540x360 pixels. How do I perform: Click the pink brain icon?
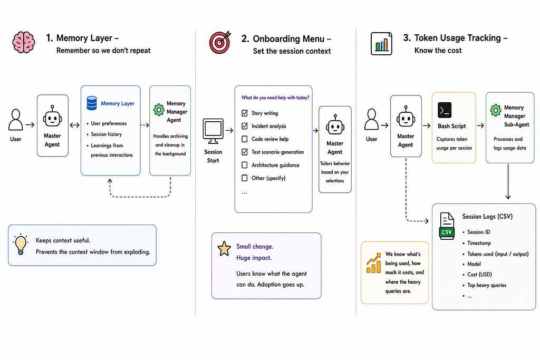click(24, 42)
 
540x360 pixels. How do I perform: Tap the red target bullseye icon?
click(220, 42)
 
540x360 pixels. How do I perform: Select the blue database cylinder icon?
click(92, 103)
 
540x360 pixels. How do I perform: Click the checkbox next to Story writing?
click(245, 113)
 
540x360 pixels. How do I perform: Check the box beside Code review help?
click(245, 139)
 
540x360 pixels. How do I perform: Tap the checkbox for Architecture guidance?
click(245, 165)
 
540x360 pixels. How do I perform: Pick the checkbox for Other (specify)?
click(245, 178)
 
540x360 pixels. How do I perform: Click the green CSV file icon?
click(447, 226)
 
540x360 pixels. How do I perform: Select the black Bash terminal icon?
click(445, 111)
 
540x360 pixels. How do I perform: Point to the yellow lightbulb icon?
click(21, 244)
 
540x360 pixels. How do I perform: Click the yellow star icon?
click(224, 248)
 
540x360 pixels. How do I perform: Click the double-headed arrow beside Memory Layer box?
click(74, 125)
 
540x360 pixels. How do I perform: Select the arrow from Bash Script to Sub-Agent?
click(480, 125)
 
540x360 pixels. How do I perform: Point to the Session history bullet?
click(106, 134)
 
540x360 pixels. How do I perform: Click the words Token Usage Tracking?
click(457, 38)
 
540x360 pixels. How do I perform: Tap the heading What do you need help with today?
click(275, 98)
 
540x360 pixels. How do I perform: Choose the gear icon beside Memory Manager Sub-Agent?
click(496, 110)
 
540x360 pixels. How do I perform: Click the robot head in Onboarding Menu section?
click(335, 125)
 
